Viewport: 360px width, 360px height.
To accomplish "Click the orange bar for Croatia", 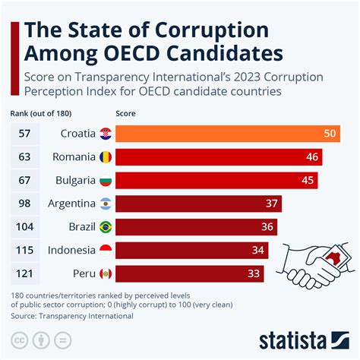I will [x=228, y=134].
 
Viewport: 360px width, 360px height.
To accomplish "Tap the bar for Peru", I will [x=189, y=273].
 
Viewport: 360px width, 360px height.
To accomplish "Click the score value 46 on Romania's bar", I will [x=311, y=157].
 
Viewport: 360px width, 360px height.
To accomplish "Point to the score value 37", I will [x=271, y=204].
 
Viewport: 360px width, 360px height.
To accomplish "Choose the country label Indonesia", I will [x=71, y=250].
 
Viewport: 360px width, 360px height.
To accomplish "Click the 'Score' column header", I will [x=126, y=112].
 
